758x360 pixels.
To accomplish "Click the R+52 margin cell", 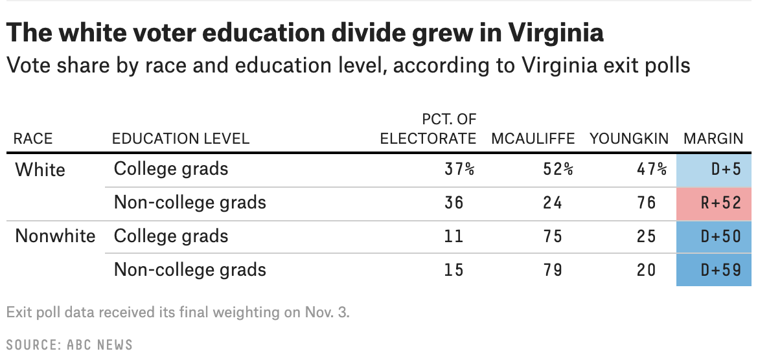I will point(715,203).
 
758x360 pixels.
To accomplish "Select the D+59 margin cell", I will point(715,269).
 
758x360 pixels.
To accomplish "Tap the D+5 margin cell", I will point(715,170).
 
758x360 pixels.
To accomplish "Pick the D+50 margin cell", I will point(715,236).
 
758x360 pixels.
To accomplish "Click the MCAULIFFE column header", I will point(533,139).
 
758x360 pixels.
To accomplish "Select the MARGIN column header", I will point(713,139).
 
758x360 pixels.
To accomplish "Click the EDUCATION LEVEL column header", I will point(180,139).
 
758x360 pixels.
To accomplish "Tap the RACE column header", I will point(33,139).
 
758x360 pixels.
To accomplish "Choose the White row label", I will point(40,170).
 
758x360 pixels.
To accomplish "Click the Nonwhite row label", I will point(55,236).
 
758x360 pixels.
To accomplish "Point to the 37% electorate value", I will point(459,170).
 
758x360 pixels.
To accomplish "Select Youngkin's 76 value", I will point(646,203).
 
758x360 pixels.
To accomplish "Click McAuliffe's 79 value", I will point(553,269).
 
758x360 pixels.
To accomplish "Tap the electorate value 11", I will point(454,236).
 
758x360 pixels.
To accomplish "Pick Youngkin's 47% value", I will point(651,170).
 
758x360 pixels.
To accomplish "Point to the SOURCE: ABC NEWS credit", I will point(69,344).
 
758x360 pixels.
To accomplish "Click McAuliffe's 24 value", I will point(553,203).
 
